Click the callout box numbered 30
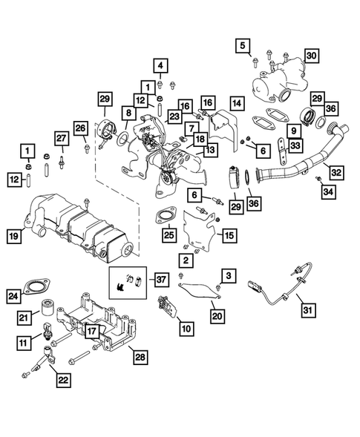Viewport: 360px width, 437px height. (x=312, y=56)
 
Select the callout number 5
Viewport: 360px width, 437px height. (x=241, y=47)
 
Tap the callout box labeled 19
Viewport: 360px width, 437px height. (x=13, y=237)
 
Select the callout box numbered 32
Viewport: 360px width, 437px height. (x=336, y=172)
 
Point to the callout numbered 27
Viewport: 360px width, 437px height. (x=63, y=138)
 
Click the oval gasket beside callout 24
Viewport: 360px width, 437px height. (x=39, y=288)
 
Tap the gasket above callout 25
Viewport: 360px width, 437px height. (x=163, y=219)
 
